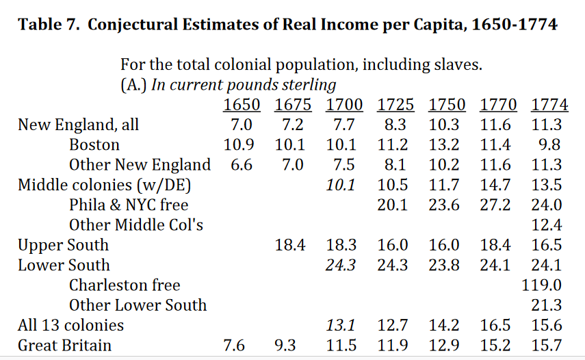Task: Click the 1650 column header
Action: (242, 105)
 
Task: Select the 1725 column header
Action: (395, 105)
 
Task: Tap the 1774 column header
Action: (549, 105)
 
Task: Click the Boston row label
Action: (94, 145)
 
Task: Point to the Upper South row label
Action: (63, 245)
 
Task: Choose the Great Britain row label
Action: (64, 345)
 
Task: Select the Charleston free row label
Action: (125, 285)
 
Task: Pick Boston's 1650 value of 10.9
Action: (239, 145)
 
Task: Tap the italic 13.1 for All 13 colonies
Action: (340, 325)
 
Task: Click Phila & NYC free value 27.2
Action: (495, 205)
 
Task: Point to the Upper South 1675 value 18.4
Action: (290, 245)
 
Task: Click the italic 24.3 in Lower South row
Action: (340, 265)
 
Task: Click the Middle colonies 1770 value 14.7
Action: (495, 185)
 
